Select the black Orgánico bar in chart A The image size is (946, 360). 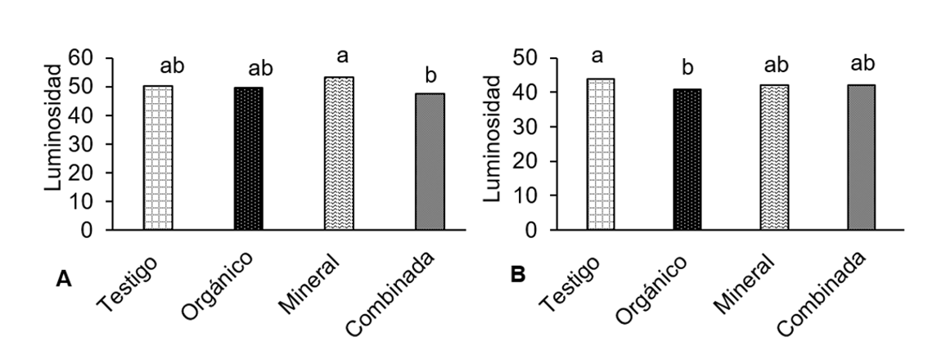pyautogui.click(x=249, y=159)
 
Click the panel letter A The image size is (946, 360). pyautogui.click(x=62, y=279)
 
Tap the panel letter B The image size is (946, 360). pyautogui.click(x=517, y=275)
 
